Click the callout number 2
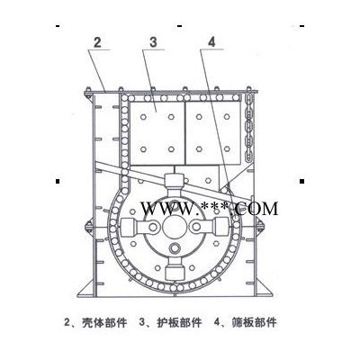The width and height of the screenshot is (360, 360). click(97, 42)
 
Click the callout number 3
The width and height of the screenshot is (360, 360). click(153, 42)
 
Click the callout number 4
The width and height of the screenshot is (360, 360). click(211, 42)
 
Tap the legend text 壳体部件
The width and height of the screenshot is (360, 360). click(104, 323)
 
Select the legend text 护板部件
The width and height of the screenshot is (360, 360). click(179, 323)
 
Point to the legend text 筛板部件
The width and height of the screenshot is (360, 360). click(254, 323)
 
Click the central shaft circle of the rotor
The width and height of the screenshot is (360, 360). click(174, 227)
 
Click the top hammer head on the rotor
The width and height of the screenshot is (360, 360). click(174, 181)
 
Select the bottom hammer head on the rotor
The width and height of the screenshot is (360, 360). click(174, 273)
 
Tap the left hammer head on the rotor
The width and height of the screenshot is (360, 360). click(129, 227)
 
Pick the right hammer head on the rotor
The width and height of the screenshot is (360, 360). click(220, 227)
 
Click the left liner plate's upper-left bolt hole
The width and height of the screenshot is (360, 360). click(143, 117)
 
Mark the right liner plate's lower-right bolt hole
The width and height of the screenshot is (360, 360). click(227, 148)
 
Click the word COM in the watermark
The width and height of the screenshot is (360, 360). click(256, 209)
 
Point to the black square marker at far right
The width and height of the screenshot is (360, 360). click(302, 181)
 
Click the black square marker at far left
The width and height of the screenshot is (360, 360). click(58, 181)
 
